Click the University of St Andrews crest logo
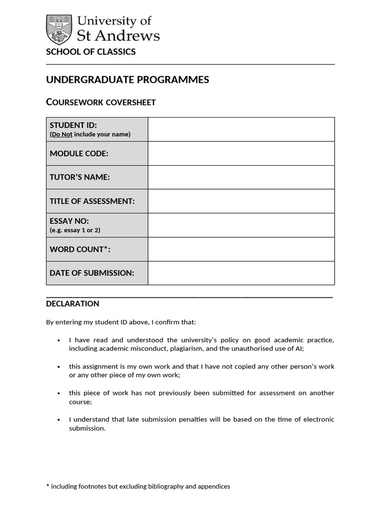[59, 29]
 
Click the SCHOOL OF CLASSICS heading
[91, 52]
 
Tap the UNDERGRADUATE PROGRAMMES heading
[127, 80]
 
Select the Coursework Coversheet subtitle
[101, 102]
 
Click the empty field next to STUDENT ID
[241, 129]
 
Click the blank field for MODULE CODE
[241, 153]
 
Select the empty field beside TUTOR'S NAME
[241, 177]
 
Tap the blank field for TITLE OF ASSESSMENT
[241, 201]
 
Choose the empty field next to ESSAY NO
[241, 225]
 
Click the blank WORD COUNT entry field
[241, 249]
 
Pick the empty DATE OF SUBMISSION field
[241, 273]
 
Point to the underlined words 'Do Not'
[62, 134]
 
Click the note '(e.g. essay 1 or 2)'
[75, 230]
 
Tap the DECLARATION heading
[72, 304]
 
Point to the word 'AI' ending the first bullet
[298, 349]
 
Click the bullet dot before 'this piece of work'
[59, 393]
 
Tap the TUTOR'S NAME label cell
[97, 177]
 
